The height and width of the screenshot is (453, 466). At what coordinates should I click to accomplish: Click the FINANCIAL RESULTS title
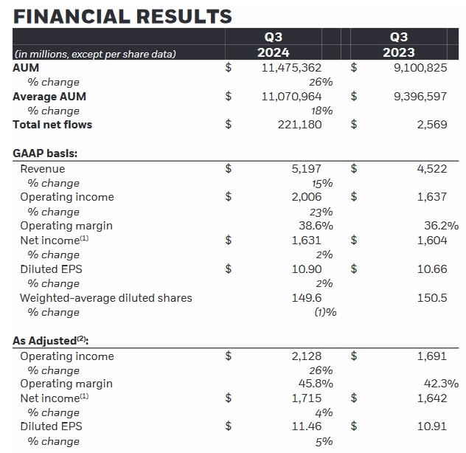(x=122, y=15)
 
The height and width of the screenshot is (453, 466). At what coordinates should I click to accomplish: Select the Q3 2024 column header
(x=273, y=44)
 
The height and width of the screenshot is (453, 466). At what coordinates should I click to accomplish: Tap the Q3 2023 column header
(x=398, y=44)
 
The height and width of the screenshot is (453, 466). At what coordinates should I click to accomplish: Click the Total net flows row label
(x=52, y=125)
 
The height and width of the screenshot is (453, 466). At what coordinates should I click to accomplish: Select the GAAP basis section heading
(x=46, y=153)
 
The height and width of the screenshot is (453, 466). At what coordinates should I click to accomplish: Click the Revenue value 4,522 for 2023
(x=431, y=168)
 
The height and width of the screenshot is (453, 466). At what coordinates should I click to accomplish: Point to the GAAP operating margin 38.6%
(x=313, y=226)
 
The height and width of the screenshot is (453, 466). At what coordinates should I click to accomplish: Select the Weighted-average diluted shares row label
(x=105, y=298)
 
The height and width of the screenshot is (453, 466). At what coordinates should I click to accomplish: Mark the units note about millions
(x=94, y=53)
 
